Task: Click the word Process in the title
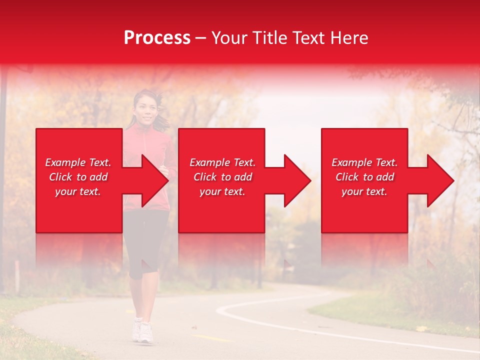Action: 157,38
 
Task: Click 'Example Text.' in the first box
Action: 78,162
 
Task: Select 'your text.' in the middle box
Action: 222,191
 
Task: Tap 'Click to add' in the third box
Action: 364,177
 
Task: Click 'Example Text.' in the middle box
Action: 222,162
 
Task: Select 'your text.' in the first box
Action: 78,191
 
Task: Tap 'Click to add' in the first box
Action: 78,177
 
